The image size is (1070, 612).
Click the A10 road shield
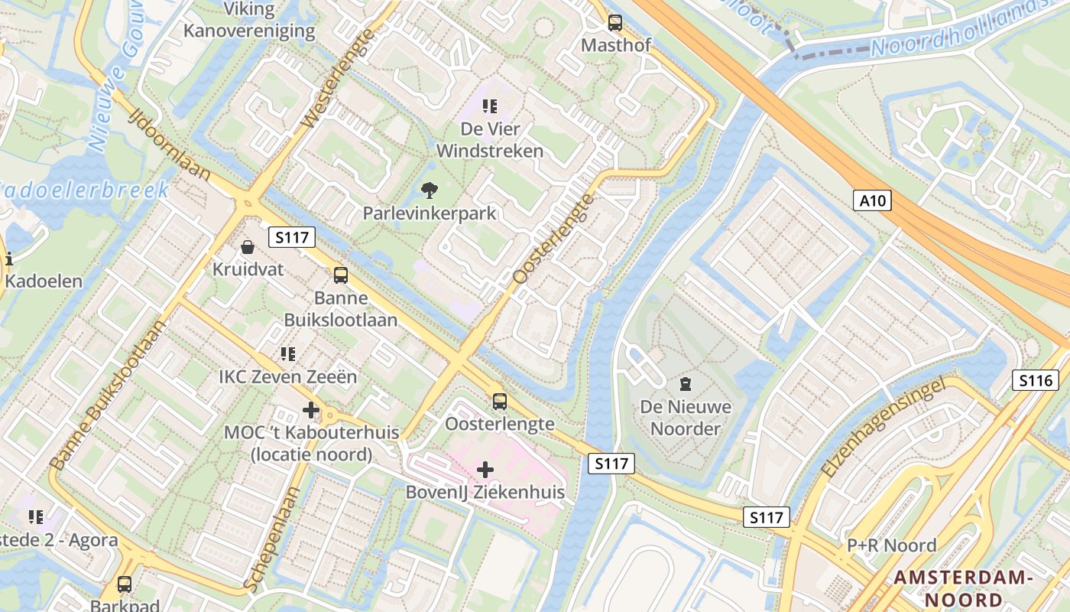click(x=872, y=200)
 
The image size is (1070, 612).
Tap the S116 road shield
click(x=1036, y=380)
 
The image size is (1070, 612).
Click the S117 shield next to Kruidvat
click(x=293, y=237)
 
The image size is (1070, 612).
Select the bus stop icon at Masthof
click(x=614, y=23)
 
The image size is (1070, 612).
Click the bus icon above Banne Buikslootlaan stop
click(x=340, y=275)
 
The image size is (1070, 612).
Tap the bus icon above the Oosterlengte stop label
click(x=499, y=401)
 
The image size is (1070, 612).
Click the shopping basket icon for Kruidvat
click(x=248, y=247)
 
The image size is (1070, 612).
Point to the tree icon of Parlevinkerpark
click(x=430, y=190)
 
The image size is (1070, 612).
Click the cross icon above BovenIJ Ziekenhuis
click(x=485, y=469)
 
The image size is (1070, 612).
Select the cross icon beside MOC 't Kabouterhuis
click(x=310, y=410)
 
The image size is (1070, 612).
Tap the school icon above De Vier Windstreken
click(x=489, y=106)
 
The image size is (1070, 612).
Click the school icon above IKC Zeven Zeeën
click(x=287, y=353)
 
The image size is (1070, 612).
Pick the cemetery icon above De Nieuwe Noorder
click(x=685, y=383)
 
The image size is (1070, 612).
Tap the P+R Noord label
click(x=891, y=545)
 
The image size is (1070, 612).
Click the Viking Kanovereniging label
click(x=249, y=21)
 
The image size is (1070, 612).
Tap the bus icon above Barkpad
click(x=125, y=584)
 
